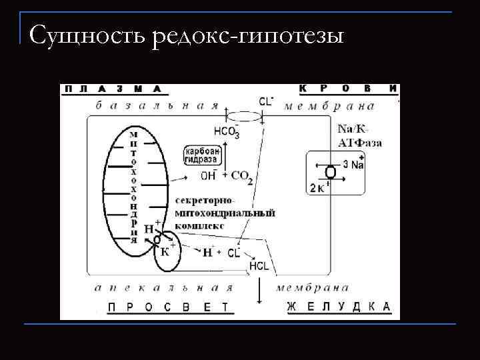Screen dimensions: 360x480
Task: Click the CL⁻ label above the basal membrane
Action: point(266,101)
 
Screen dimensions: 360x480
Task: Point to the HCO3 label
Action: point(227,131)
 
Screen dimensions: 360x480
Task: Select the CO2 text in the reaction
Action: point(241,176)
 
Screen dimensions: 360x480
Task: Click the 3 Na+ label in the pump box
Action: point(353,164)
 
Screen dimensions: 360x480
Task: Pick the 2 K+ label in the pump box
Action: point(318,188)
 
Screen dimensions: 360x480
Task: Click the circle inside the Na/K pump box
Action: point(331,173)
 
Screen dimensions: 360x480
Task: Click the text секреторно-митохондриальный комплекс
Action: point(224,213)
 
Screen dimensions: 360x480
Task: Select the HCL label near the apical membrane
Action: point(259,266)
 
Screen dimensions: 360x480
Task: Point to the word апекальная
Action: point(163,288)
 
